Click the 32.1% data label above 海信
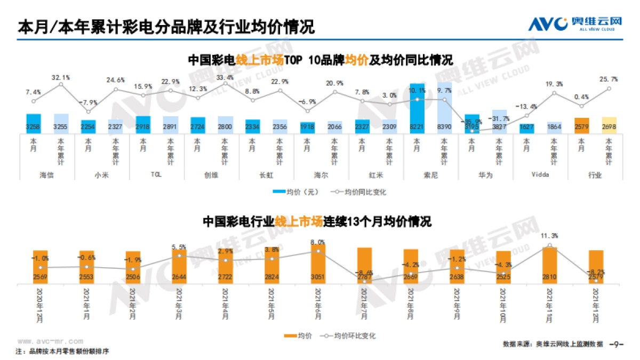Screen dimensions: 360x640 [61, 78]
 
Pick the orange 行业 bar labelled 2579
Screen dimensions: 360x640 [581, 125]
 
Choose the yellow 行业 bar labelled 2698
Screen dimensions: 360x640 [609, 125]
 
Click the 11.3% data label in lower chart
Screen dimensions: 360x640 [549, 236]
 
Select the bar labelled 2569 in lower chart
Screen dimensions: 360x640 [41, 266]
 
